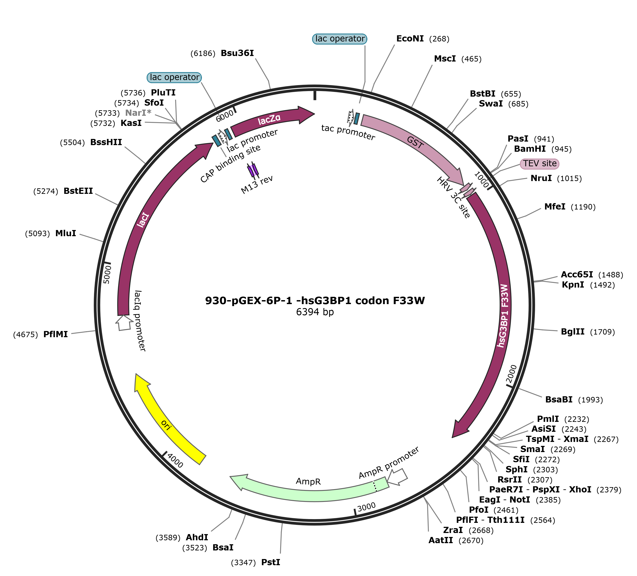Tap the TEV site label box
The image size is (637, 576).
(539, 164)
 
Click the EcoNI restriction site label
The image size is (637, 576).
(410, 39)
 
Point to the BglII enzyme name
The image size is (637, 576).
(573, 332)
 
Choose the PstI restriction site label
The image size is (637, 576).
(271, 562)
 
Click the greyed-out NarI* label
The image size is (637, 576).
(138, 113)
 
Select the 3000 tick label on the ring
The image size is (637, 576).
(366, 507)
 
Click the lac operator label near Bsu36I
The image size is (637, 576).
(174, 77)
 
